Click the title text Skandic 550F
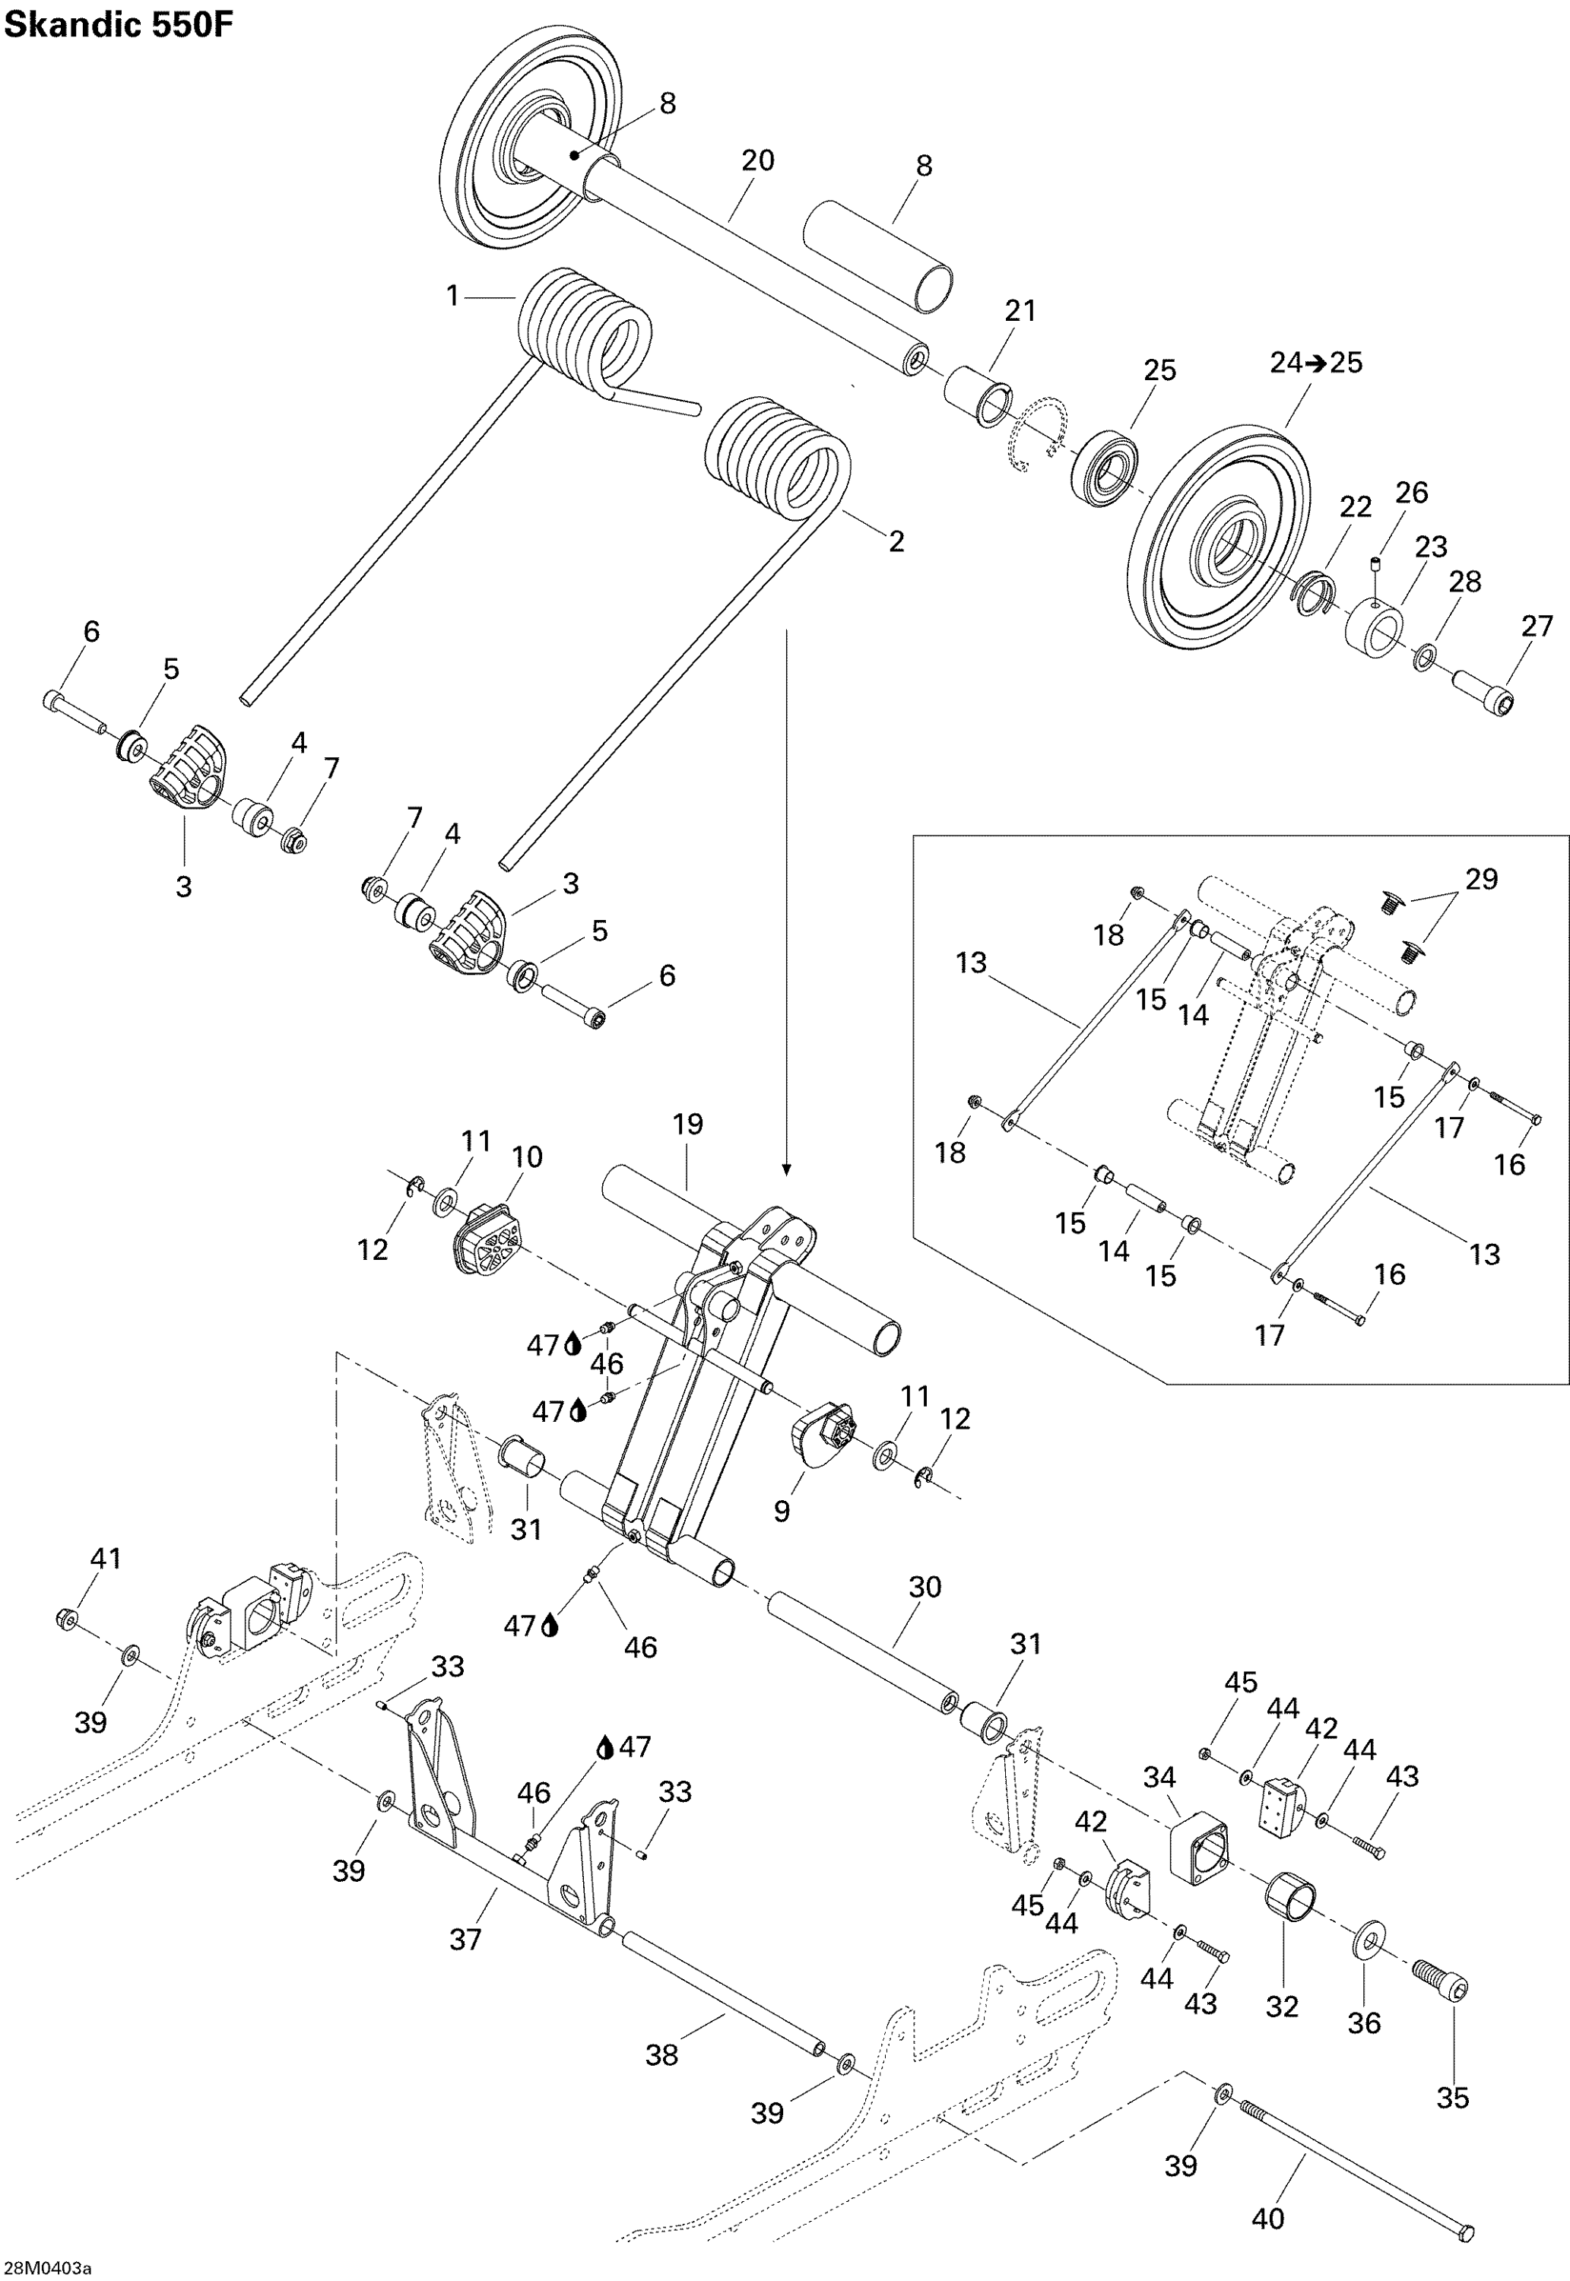point(120,26)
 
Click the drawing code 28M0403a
point(46,2268)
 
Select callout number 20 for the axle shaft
point(757,160)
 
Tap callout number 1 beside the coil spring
point(452,295)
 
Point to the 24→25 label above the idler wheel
point(1315,363)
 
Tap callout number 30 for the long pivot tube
point(925,1587)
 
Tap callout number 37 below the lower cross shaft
point(465,1939)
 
